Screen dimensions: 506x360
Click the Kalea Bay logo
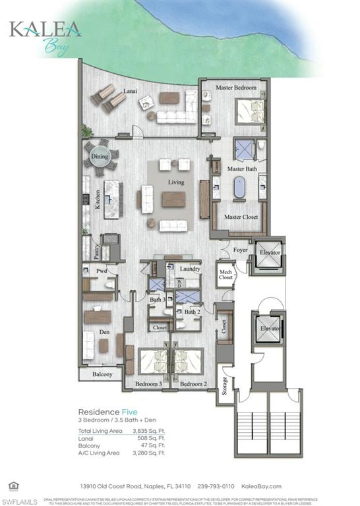[45, 36]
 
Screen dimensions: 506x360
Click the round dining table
[101, 157]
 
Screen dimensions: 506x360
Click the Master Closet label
[241, 217]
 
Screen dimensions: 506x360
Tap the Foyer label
[241, 250]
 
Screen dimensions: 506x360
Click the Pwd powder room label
[101, 271]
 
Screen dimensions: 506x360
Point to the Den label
[104, 332]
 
